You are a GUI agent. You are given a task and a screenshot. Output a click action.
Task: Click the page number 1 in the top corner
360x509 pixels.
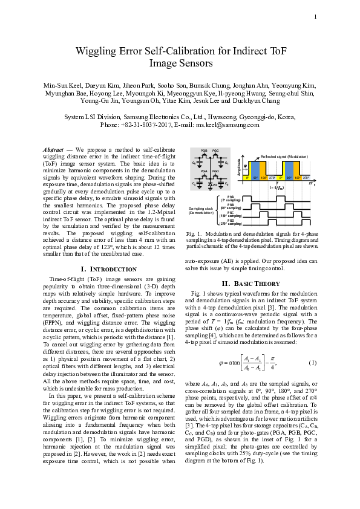point(315,16)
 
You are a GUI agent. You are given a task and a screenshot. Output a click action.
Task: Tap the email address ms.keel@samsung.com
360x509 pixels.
point(234,125)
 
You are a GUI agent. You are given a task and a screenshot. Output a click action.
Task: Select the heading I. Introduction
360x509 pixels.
point(108,268)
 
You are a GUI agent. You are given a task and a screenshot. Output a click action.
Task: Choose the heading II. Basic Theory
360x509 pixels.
point(250,284)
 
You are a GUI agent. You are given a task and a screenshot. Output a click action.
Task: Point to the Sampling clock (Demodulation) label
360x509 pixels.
point(202,211)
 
